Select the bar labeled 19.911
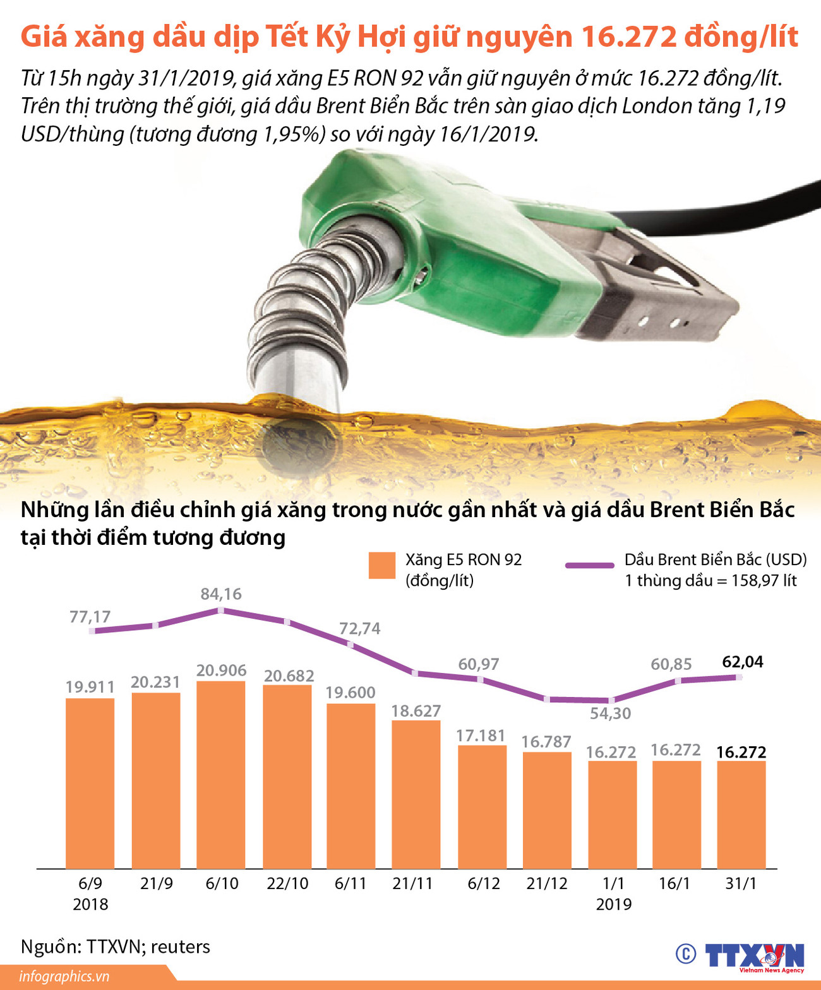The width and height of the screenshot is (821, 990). click(x=90, y=783)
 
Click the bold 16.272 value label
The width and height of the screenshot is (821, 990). click(x=741, y=752)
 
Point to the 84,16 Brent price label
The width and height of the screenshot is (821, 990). click(x=221, y=594)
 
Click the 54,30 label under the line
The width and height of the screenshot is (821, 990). click(x=610, y=713)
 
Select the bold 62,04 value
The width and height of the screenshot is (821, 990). click(x=743, y=662)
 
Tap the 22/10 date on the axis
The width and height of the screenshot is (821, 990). click(x=287, y=883)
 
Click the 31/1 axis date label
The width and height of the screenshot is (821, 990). click(x=741, y=883)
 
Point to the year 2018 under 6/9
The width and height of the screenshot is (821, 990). click(x=90, y=904)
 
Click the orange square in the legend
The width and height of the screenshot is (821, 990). click(x=381, y=566)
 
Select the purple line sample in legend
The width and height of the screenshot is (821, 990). click(x=589, y=565)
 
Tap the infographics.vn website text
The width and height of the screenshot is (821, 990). click(x=64, y=976)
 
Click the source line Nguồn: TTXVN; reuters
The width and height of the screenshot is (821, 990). click(x=116, y=946)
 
